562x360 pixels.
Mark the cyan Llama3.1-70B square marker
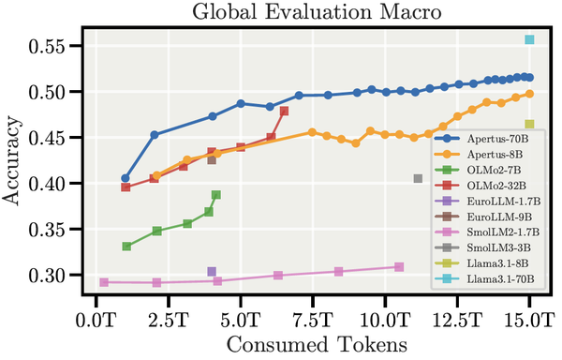tap(529, 39)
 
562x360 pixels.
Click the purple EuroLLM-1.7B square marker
tap(212, 272)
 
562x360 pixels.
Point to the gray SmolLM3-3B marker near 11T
tap(418, 178)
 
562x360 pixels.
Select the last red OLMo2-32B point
tap(284, 111)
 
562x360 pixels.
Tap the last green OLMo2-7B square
tap(216, 195)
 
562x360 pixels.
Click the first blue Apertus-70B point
tap(126, 178)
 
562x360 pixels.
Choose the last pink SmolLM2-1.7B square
tap(399, 267)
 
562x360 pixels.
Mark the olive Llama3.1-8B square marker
tap(529, 124)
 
